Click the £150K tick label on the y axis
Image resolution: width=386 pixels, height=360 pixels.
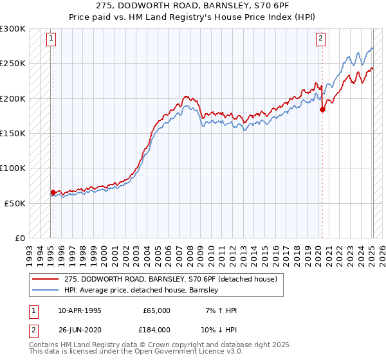[x=13, y=133]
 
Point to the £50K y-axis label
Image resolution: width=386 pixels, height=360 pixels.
[x=15, y=203]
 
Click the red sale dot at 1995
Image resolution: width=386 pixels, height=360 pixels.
[x=53, y=192]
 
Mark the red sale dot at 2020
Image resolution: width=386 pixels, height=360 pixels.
[x=323, y=110]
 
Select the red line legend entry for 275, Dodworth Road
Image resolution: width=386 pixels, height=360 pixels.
[x=170, y=279]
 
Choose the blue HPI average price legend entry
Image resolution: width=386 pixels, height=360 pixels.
[x=142, y=290]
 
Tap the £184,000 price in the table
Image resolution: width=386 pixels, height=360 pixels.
[x=157, y=330]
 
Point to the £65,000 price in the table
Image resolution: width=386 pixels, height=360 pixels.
[x=157, y=310]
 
